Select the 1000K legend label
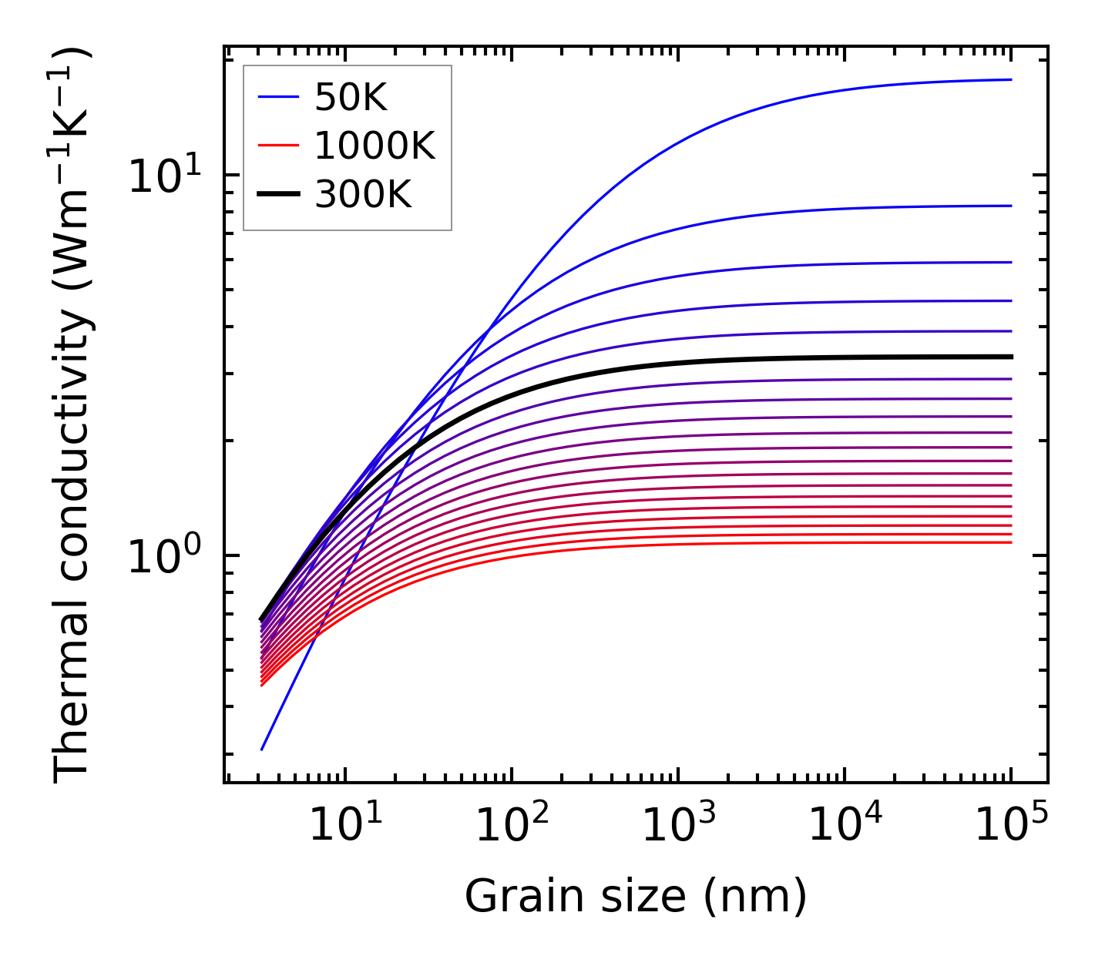click(375, 146)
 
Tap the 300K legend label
click(363, 195)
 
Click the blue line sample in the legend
click(278, 97)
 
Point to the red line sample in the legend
click(278, 146)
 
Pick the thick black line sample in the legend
click(278, 195)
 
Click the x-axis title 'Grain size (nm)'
click(636, 897)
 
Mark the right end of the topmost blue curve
click(1010, 79)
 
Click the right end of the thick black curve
click(1010, 357)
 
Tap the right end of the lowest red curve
click(1010, 543)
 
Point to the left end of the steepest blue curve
click(262, 749)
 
